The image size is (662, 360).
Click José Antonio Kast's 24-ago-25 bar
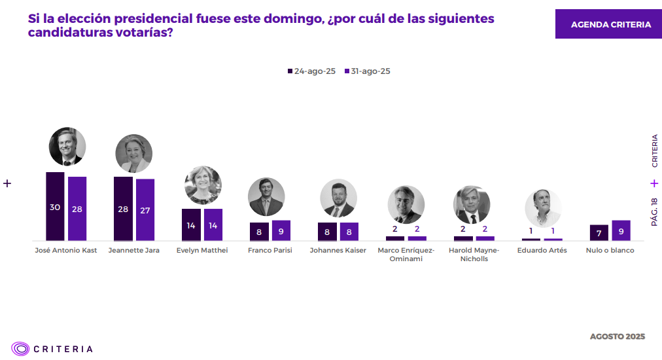tap(55, 207)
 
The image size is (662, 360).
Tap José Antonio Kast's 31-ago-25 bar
tap(77, 209)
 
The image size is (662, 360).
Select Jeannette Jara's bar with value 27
tap(145, 209)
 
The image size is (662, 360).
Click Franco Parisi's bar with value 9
tap(281, 230)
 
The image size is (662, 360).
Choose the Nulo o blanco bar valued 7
tap(599, 232)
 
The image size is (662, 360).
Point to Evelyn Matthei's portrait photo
tap(203, 185)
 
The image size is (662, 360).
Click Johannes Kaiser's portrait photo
tap(338, 198)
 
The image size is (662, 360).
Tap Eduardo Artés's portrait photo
tap(543, 208)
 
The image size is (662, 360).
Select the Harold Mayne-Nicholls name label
tap(474, 255)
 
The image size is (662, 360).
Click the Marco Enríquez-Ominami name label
tap(406, 255)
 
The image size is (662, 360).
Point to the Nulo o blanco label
tap(610, 251)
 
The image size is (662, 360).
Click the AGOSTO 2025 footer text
tap(617, 336)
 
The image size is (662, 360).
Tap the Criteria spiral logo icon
tap(20, 349)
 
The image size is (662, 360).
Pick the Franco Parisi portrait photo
tap(266, 196)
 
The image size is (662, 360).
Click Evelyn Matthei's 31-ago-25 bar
tap(213, 225)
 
